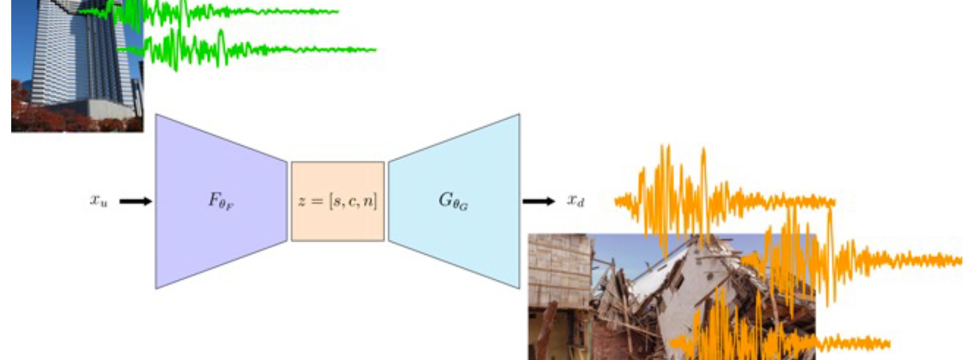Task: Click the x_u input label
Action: point(99,200)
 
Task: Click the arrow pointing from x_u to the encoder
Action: point(135,201)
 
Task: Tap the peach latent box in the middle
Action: point(338,224)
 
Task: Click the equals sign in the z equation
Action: point(317,201)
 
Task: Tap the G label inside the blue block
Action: point(453,200)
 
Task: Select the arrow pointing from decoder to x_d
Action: point(538,201)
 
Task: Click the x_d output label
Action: point(576,200)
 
